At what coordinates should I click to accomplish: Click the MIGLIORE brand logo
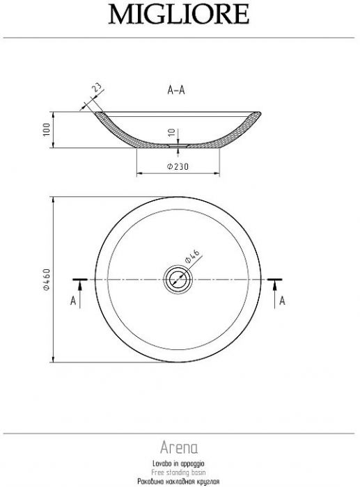179,15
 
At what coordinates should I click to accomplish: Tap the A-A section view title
176,90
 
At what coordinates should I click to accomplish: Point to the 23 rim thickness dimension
97,88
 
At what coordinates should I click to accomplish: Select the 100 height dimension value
47,129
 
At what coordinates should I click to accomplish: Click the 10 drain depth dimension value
171,133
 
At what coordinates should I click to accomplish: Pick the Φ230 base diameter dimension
178,167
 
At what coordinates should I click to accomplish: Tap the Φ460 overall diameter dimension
47,279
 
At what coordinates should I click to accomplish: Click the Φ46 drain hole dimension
192,256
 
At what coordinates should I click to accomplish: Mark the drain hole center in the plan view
178,280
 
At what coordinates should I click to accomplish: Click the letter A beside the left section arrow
73,301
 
